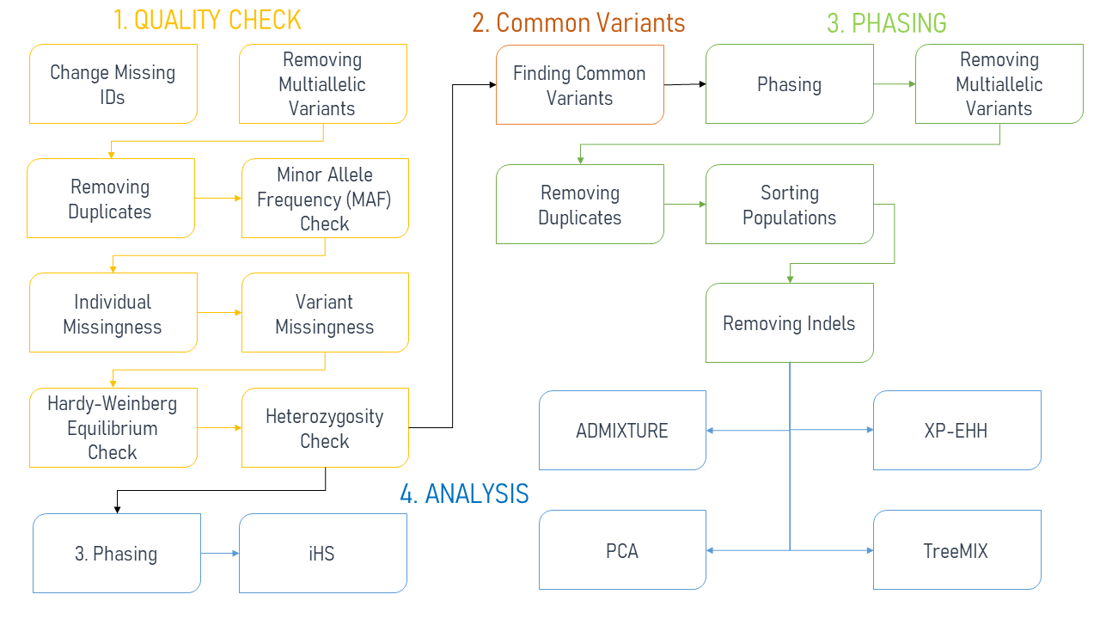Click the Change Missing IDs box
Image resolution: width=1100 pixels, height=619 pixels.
click(x=113, y=84)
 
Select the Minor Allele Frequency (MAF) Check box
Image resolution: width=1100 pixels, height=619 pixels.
click(x=325, y=199)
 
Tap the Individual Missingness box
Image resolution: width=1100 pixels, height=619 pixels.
click(x=113, y=313)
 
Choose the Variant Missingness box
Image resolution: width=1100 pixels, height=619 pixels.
click(x=325, y=313)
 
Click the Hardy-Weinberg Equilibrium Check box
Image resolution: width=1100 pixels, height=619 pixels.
click(x=113, y=427)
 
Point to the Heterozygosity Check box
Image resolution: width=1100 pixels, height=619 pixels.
click(x=325, y=427)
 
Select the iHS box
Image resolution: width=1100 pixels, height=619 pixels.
click(x=322, y=553)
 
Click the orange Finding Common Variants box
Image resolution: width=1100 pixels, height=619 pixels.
click(x=579, y=84)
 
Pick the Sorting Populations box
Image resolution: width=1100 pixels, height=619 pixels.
click(x=789, y=205)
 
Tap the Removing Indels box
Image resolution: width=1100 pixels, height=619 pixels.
click(x=789, y=323)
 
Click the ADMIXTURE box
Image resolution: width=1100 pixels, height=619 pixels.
click(x=622, y=431)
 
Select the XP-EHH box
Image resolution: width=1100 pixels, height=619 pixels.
click(x=956, y=431)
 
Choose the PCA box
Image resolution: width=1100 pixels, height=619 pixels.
click(x=622, y=550)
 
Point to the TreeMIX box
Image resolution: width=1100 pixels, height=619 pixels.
click(x=956, y=550)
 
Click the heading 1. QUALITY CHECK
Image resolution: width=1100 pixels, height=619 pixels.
click(x=207, y=20)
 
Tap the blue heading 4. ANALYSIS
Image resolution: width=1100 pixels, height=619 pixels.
click(x=464, y=493)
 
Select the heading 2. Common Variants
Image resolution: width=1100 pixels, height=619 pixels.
click(x=578, y=22)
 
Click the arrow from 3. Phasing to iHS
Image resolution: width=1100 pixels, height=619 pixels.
click(x=220, y=554)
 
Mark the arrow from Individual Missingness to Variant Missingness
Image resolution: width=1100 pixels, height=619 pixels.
click(x=219, y=313)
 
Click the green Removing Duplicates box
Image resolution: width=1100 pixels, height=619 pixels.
click(x=579, y=205)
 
